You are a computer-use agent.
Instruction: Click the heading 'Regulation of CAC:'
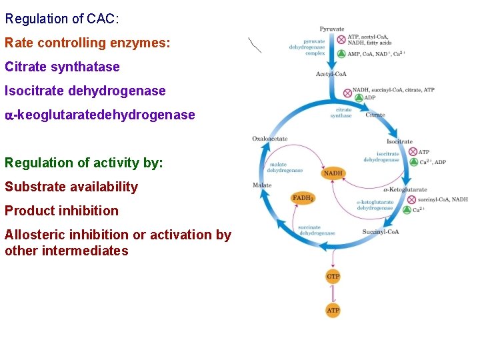coord(62,19)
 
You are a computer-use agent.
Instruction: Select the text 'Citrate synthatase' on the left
coord(62,67)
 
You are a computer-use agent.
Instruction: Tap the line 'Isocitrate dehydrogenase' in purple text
coord(85,91)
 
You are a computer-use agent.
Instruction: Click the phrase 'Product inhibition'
coord(61,211)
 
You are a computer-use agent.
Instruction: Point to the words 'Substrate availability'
coord(71,187)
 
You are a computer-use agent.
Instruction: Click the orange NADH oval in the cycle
coord(333,173)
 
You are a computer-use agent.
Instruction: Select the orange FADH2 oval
coord(303,198)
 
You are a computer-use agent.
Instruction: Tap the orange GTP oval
coord(333,276)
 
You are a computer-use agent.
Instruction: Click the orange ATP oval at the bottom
coord(333,310)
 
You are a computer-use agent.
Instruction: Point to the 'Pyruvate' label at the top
coord(332,29)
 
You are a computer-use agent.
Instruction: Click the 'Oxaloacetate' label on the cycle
coord(270,139)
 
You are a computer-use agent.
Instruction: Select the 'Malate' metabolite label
coord(262,185)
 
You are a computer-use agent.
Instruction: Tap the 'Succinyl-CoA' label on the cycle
coord(380,232)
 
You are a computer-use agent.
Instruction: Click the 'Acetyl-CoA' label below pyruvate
coord(331,74)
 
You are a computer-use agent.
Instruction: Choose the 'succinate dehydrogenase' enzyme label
coord(317,230)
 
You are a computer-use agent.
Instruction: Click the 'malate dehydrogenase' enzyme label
coord(285,167)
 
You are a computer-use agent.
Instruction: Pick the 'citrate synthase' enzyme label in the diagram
coord(341,113)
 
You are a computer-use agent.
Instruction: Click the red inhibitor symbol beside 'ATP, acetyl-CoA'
coord(341,40)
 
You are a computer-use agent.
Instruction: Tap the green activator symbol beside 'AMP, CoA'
coord(341,53)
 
